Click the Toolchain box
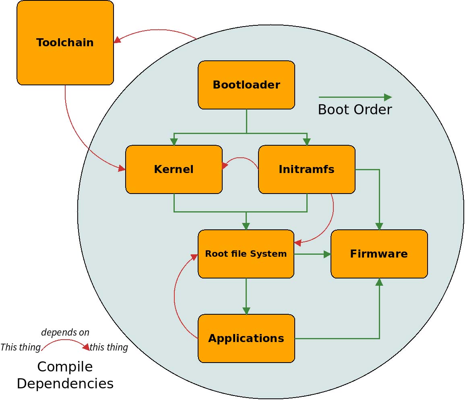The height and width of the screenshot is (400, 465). tap(65, 43)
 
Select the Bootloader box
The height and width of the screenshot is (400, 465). tap(246, 85)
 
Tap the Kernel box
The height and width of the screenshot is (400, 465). tap(174, 169)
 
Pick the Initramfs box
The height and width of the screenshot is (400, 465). tap(306, 169)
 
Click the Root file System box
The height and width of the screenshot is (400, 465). tap(246, 254)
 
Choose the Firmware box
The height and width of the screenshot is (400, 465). tap(379, 254)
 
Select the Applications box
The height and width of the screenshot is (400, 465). tap(246, 338)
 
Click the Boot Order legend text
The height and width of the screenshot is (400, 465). tap(355, 110)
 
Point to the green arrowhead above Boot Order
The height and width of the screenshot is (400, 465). tap(388, 97)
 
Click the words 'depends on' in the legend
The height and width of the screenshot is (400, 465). tap(65, 332)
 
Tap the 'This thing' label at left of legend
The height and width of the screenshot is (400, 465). tap(21, 347)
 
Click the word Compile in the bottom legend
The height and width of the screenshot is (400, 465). tap(65, 367)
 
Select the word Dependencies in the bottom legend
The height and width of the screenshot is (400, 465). tap(65, 384)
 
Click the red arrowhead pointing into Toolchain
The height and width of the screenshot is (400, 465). tap(118, 39)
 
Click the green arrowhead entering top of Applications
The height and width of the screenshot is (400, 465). tap(246, 311)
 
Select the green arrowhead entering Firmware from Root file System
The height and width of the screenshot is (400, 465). tap(327, 254)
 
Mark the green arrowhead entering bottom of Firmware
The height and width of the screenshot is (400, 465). tap(379, 282)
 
